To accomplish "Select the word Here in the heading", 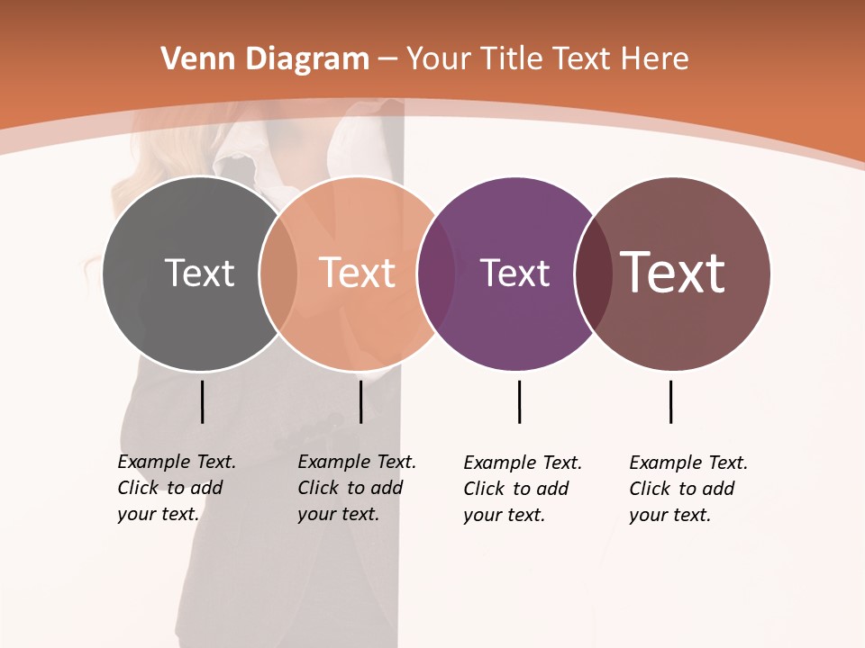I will click(655, 59).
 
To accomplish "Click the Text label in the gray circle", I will click(199, 273).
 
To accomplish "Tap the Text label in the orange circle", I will click(357, 273).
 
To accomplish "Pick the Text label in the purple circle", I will click(514, 274).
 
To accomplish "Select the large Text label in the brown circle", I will click(673, 272).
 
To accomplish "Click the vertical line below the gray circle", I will click(202, 401).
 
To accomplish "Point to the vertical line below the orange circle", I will click(360, 401).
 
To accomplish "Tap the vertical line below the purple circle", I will click(519, 401).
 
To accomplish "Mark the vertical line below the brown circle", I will click(670, 401).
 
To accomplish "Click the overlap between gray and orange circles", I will click(278, 274).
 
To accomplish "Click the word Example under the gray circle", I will click(148, 462).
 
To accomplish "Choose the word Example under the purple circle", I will click(494, 463).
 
